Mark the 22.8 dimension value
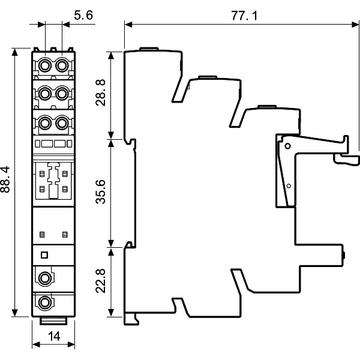pos(101,280)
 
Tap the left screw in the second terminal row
pos(46,92)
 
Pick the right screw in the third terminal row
pos(61,122)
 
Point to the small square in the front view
pos(43,255)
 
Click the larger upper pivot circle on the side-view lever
pos(289,146)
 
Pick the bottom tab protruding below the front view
pos(53,320)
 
